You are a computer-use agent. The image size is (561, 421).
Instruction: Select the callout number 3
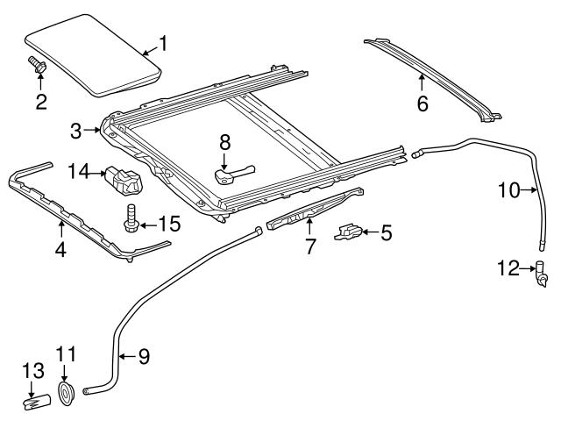tap(76, 131)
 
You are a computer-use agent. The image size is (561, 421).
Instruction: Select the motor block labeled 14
tap(125, 181)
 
